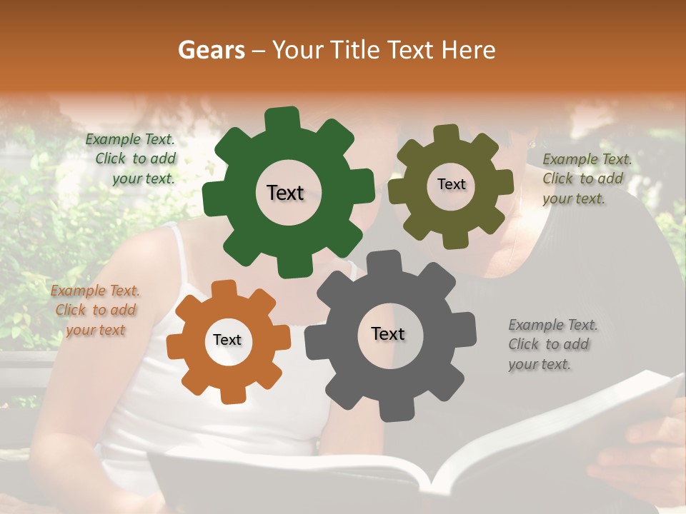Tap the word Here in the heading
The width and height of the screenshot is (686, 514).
(469, 49)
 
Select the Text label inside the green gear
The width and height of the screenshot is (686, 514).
(285, 193)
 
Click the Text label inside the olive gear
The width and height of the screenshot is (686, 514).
(451, 184)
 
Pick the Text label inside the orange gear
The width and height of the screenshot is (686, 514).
(227, 341)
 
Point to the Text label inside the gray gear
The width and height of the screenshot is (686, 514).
(388, 333)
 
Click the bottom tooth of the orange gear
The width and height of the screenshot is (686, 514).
(230, 393)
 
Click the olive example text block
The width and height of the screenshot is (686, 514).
(587, 178)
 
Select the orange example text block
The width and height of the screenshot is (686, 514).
(95, 310)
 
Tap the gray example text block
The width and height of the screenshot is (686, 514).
(552, 344)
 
